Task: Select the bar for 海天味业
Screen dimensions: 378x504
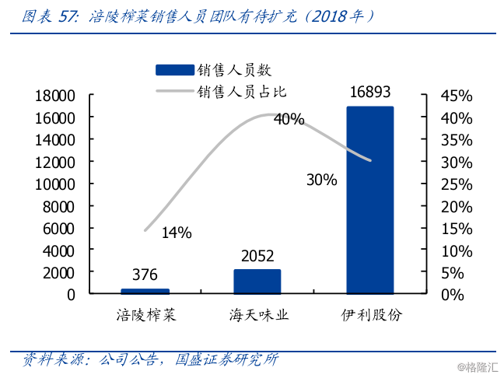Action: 257,282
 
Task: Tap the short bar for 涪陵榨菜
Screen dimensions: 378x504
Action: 145,291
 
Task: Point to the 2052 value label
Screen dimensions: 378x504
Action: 257,257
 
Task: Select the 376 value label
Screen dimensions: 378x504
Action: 145,275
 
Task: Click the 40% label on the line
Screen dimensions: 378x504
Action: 289,120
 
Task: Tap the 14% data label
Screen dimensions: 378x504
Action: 177,233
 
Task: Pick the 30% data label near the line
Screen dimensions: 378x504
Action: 321,180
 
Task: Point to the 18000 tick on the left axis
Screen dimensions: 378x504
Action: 54,96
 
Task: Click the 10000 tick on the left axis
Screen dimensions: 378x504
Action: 54,184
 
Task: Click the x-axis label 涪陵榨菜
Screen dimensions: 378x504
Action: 145,315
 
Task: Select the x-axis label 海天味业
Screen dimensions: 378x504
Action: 258,315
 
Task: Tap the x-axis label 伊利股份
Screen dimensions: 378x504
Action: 371,315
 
